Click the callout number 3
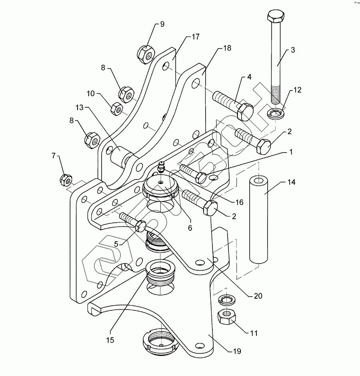pos(293,50)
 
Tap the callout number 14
pos(292,182)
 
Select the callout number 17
pos(195,37)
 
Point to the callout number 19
pos(237,352)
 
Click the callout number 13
pos(79,107)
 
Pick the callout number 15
pos(110,340)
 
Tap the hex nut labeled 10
pos(116,107)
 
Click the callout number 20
pos(258,296)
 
